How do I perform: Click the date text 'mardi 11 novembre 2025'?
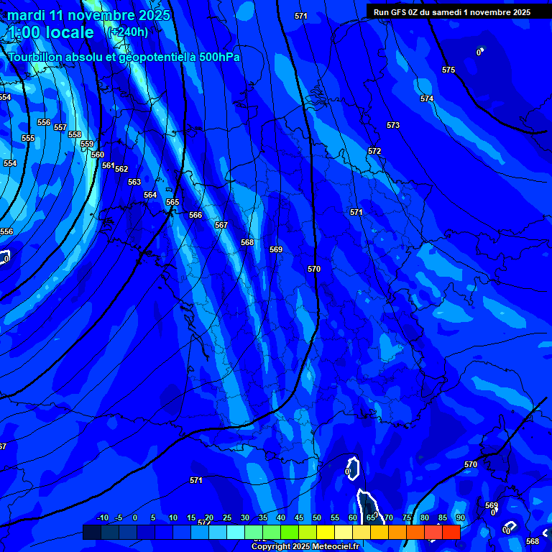[88, 15]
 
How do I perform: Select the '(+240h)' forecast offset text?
[127, 32]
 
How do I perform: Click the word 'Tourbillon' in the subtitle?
[37, 57]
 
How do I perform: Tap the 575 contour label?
[448, 70]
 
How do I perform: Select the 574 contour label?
[427, 98]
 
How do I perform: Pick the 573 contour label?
[393, 125]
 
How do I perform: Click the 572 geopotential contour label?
[374, 151]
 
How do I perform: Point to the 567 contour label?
[221, 225]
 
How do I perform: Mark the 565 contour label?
[172, 202]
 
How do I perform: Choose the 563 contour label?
[134, 182]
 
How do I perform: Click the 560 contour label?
[98, 155]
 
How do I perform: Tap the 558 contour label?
[75, 134]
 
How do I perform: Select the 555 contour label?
[28, 138]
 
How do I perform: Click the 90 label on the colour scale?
[460, 517]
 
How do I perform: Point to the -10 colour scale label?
[103, 517]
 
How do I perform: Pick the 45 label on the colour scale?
[299, 517]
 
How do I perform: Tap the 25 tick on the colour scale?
[227, 517]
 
